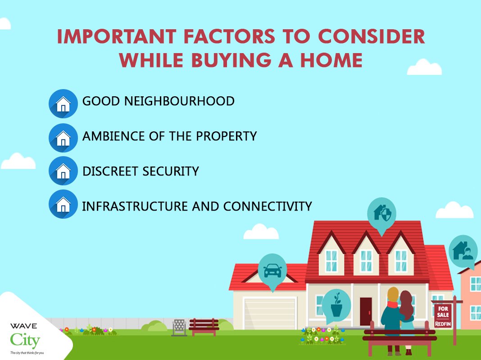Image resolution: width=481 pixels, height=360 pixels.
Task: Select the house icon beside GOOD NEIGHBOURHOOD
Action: (63, 103)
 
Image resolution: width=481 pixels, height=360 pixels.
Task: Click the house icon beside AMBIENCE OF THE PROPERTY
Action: (63, 138)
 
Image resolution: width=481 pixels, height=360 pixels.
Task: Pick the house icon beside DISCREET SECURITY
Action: (63, 171)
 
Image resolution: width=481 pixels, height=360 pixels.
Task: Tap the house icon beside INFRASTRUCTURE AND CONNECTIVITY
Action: (63, 204)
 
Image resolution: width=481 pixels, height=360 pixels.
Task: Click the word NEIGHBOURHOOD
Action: (179, 101)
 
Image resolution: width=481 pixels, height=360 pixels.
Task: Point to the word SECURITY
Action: (171, 171)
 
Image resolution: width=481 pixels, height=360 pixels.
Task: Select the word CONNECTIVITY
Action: (268, 206)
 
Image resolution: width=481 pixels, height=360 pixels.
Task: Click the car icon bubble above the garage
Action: (272, 270)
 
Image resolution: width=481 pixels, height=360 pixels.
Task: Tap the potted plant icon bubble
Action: (336, 305)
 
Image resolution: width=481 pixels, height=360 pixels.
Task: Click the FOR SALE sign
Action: (443, 315)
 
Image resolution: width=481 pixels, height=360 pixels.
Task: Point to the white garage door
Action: (270, 313)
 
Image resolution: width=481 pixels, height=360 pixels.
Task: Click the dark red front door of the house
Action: (366, 311)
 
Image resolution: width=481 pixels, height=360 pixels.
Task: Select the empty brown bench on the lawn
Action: (204, 327)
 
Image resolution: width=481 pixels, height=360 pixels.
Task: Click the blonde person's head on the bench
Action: (393, 294)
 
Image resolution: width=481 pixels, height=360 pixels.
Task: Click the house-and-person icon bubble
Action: (463, 251)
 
